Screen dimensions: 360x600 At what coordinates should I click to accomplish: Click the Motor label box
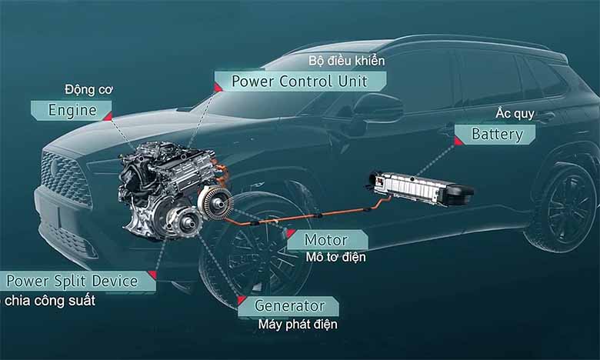tap(325, 239)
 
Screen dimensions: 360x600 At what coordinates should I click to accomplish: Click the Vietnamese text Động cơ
tap(89, 89)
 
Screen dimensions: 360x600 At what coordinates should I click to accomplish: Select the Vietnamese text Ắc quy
tap(536, 115)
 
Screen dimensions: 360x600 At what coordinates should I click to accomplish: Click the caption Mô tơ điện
tap(335, 257)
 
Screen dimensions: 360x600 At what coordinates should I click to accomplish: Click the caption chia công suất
tap(50, 300)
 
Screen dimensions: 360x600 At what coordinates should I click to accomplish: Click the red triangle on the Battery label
tap(458, 140)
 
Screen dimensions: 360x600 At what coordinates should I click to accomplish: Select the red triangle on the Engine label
tap(107, 116)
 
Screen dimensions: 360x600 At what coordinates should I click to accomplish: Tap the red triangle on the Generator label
tap(242, 299)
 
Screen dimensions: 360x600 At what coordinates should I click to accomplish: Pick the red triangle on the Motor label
tap(291, 232)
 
